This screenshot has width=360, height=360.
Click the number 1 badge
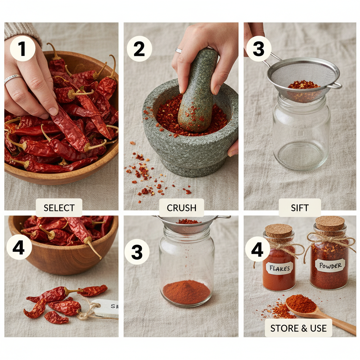(22, 49)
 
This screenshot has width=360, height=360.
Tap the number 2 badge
(139, 49)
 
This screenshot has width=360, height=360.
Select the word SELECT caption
(59, 208)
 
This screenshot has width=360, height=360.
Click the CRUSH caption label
(181, 208)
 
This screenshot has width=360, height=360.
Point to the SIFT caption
(300, 208)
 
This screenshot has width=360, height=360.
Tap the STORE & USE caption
(298, 328)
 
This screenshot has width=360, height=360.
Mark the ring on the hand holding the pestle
(179, 51)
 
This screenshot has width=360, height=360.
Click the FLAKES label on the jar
(279, 269)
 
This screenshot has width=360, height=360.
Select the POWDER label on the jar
(330, 266)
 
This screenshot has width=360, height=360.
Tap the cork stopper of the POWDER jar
(330, 223)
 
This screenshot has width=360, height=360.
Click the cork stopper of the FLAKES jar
(278, 230)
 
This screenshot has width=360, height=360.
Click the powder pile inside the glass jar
(186, 292)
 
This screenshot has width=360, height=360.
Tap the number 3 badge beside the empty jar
(259, 49)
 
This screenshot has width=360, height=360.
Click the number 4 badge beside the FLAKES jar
(257, 249)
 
